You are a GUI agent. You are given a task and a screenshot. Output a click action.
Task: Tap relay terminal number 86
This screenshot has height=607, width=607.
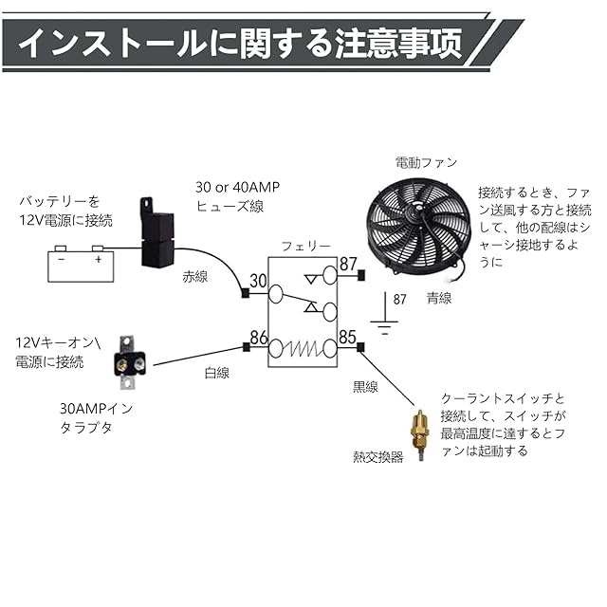click(x=258, y=336)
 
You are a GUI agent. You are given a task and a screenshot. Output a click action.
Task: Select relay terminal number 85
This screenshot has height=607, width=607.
click(x=347, y=336)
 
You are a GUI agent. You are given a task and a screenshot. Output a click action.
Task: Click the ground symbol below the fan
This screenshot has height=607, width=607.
click(x=382, y=328)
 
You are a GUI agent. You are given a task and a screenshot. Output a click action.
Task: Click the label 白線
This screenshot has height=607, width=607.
click(x=216, y=373)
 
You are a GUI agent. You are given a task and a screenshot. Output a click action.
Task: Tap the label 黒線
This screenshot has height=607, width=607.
click(x=365, y=386)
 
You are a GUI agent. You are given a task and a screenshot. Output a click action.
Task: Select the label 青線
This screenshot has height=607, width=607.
click(x=438, y=298)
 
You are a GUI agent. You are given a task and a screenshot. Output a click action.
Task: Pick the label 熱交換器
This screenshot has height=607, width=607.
click(x=377, y=456)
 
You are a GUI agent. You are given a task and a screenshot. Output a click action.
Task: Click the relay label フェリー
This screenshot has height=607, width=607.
click(x=305, y=247)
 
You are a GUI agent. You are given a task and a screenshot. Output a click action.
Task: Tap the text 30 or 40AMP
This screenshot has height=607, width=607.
click(x=233, y=187)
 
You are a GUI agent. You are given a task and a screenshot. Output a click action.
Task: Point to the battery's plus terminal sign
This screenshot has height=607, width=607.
click(x=98, y=254)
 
